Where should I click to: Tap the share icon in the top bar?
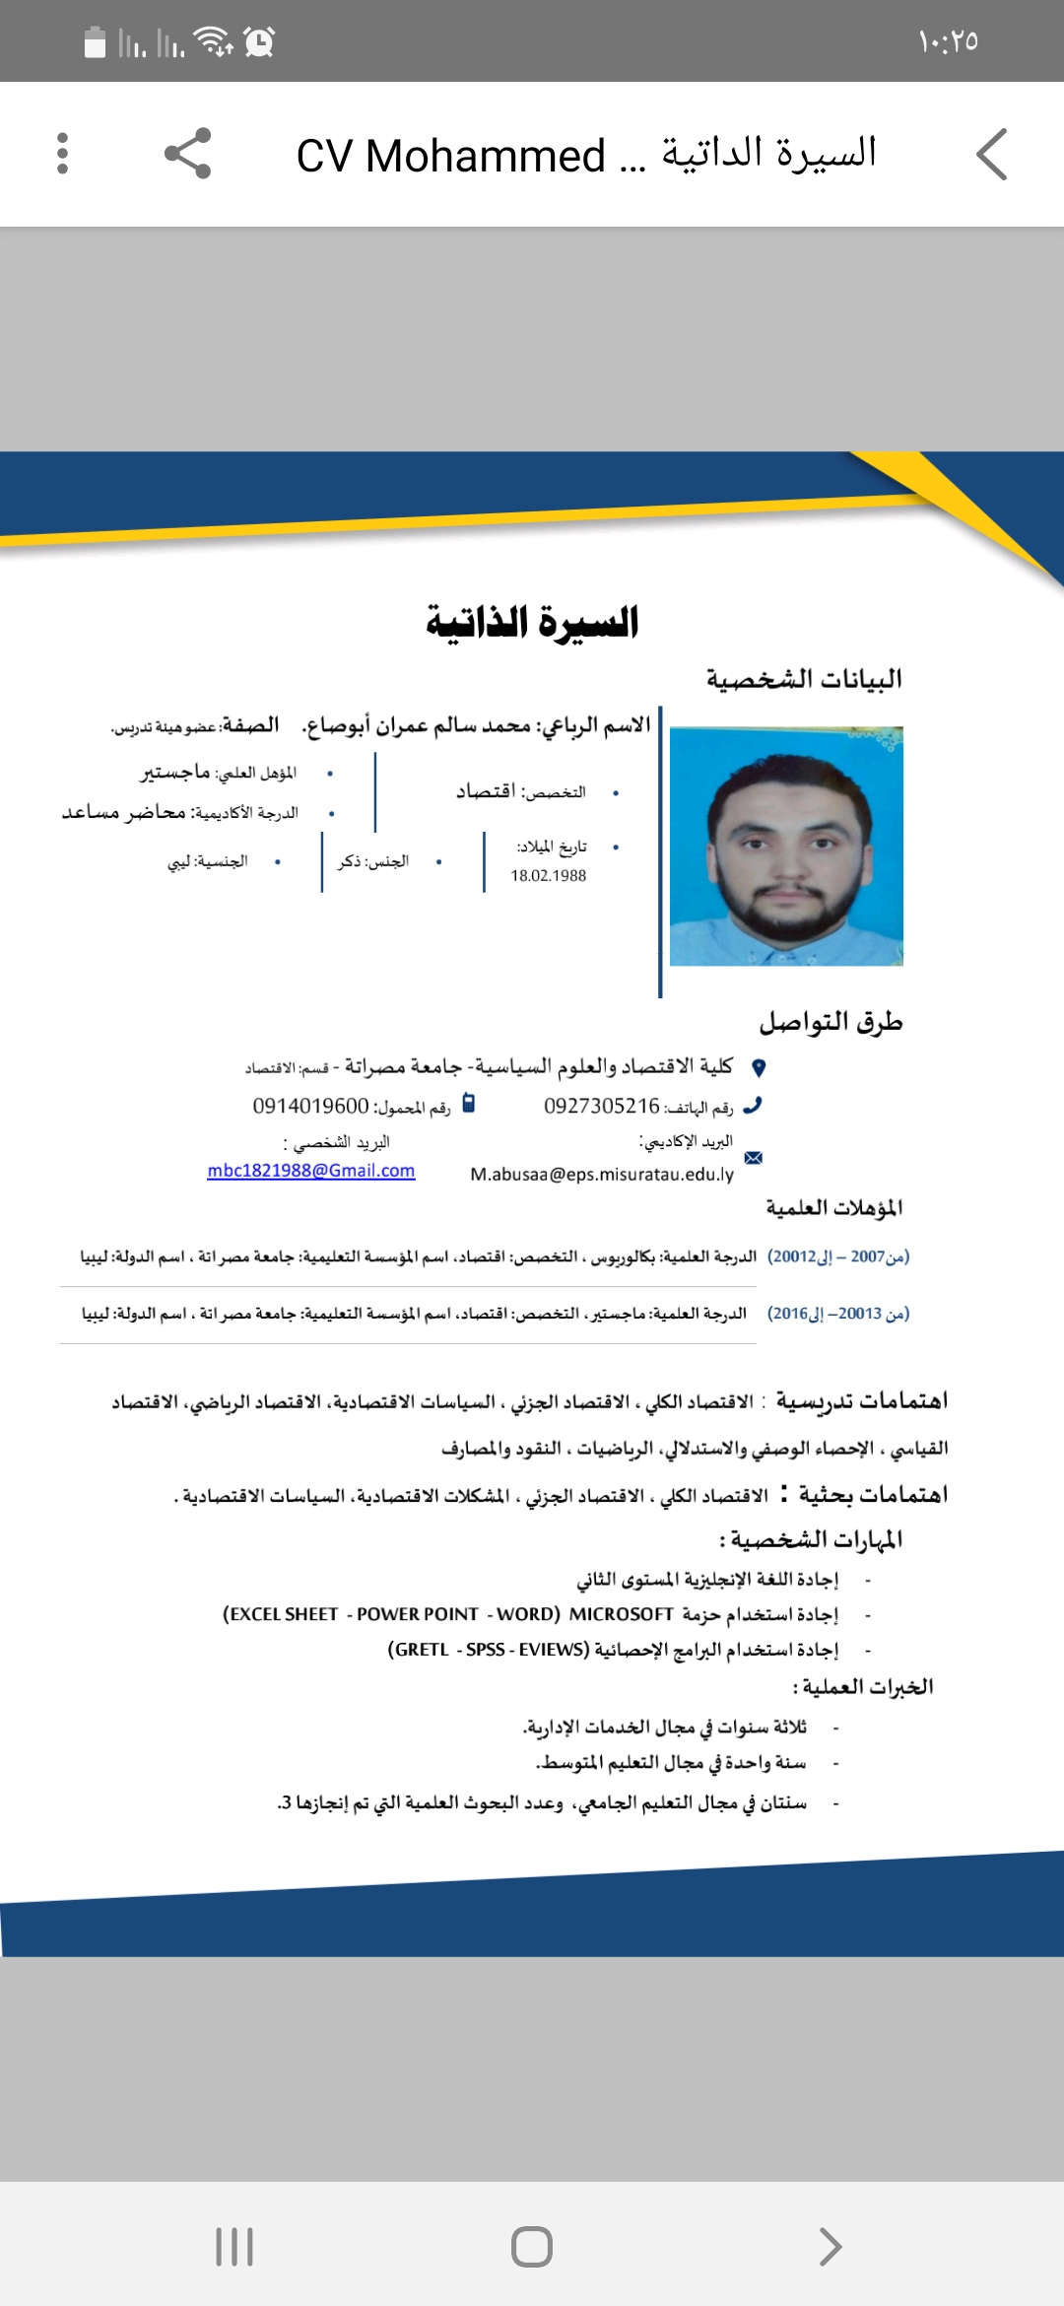click(187, 154)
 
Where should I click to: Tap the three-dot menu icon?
click(63, 154)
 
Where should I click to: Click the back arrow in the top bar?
click(992, 155)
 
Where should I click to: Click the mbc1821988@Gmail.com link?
click(311, 1171)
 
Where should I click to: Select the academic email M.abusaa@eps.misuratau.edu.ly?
click(602, 1174)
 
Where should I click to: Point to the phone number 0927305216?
click(601, 1106)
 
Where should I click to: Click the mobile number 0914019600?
click(310, 1106)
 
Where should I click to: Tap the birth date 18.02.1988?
click(548, 875)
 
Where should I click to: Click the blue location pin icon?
click(759, 1067)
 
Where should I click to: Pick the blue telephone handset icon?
click(753, 1106)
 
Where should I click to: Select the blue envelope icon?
click(754, 1158)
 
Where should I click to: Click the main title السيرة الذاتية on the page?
click(532, 623)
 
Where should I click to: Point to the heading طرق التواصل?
click(831, 1022)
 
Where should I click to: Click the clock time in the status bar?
click(948, 41)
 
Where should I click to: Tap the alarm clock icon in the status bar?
click(259, 41)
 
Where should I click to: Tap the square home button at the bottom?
click(532, 2247)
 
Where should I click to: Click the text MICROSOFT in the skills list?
click(621, 1614)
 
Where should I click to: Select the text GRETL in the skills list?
click(419, 1650)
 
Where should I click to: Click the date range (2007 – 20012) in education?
click(838, 1256)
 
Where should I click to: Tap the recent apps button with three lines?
click(234, 2247)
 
